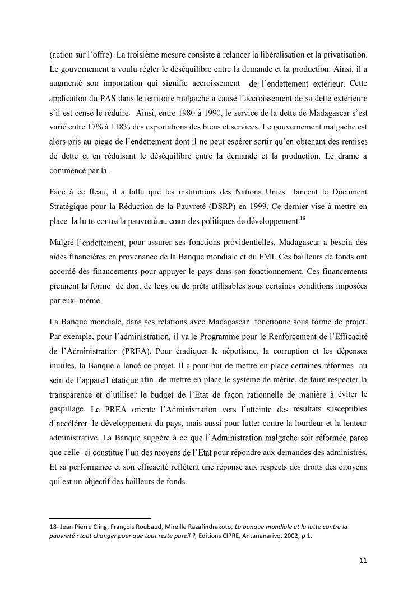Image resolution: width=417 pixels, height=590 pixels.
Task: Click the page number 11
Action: [363, 560]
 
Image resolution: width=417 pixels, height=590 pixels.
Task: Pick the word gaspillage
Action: [68, 409]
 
